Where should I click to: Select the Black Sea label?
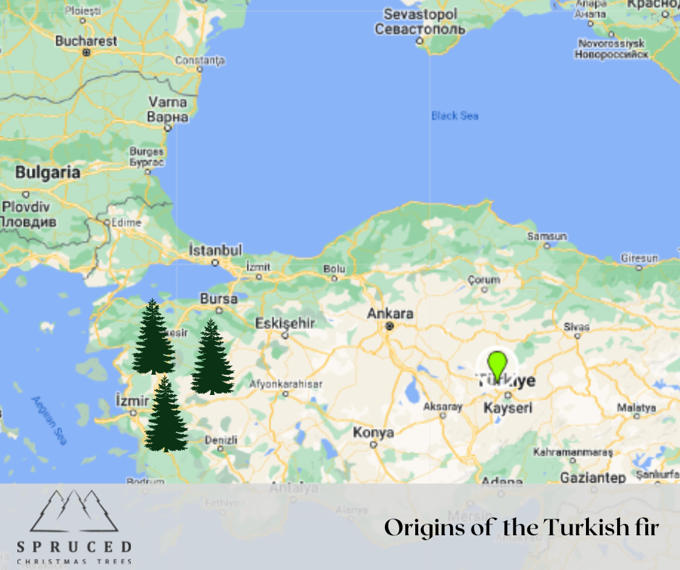pyautogui.click(x=454, y=116)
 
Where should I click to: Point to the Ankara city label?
pyautogui.click(x=390, y=314)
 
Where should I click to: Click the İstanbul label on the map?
pyautogui.click(x=215, y=250)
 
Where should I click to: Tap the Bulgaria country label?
pyautogui.click(x=48, y=173)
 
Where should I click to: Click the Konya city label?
pyautogui.click(x=373, y=433)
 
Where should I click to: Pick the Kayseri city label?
pyautogui.click(x=507, y=409)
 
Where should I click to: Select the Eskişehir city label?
pyautogui.click(x=285, y=323)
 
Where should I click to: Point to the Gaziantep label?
pyautogui.click(x=592, y=478)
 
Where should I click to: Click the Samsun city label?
pyautogui.click(x=547, y=237)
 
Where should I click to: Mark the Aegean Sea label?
pyautogui.click(x=48, y=420)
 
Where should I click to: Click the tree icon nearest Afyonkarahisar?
pyautogui.click(x=212, y=357)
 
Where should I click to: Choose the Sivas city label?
pyautogui.click(x=577, y=326)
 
